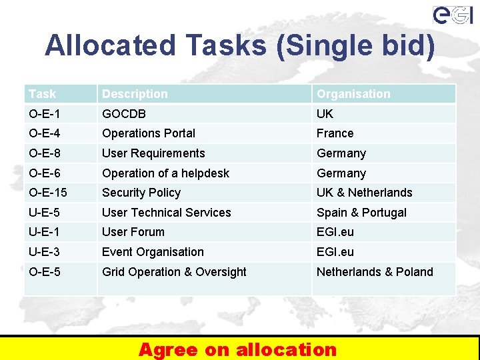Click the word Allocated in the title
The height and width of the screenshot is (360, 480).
click(110, 45)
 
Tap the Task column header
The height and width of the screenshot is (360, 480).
click(43, 94)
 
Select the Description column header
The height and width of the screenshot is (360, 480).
click(135, 94)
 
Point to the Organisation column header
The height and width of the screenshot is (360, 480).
click(353, 94)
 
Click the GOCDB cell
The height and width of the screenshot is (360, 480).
click(124, 114)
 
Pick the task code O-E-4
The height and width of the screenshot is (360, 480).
click(45, 133)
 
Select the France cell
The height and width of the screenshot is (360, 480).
click(335, 133)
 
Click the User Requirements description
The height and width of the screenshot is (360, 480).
click(153, 153)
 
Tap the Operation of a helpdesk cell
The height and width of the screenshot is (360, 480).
click(165, 173)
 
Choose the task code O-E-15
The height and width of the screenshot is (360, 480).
click(48, 193)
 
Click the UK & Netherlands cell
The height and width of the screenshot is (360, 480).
click(365, 193)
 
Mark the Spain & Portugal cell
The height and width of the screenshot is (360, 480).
click(361, 213)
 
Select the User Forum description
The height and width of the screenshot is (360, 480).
click(133, 232)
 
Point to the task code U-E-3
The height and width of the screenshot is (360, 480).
click(45, 252)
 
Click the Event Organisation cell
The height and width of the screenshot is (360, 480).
click(153, 252)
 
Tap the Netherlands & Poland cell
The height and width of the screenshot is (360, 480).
click(375, 272)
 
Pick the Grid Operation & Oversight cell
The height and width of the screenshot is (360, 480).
click(174, 272)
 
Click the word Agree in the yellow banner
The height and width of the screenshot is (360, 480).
click(168, 349)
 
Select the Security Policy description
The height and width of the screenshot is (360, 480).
click(141, 193)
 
